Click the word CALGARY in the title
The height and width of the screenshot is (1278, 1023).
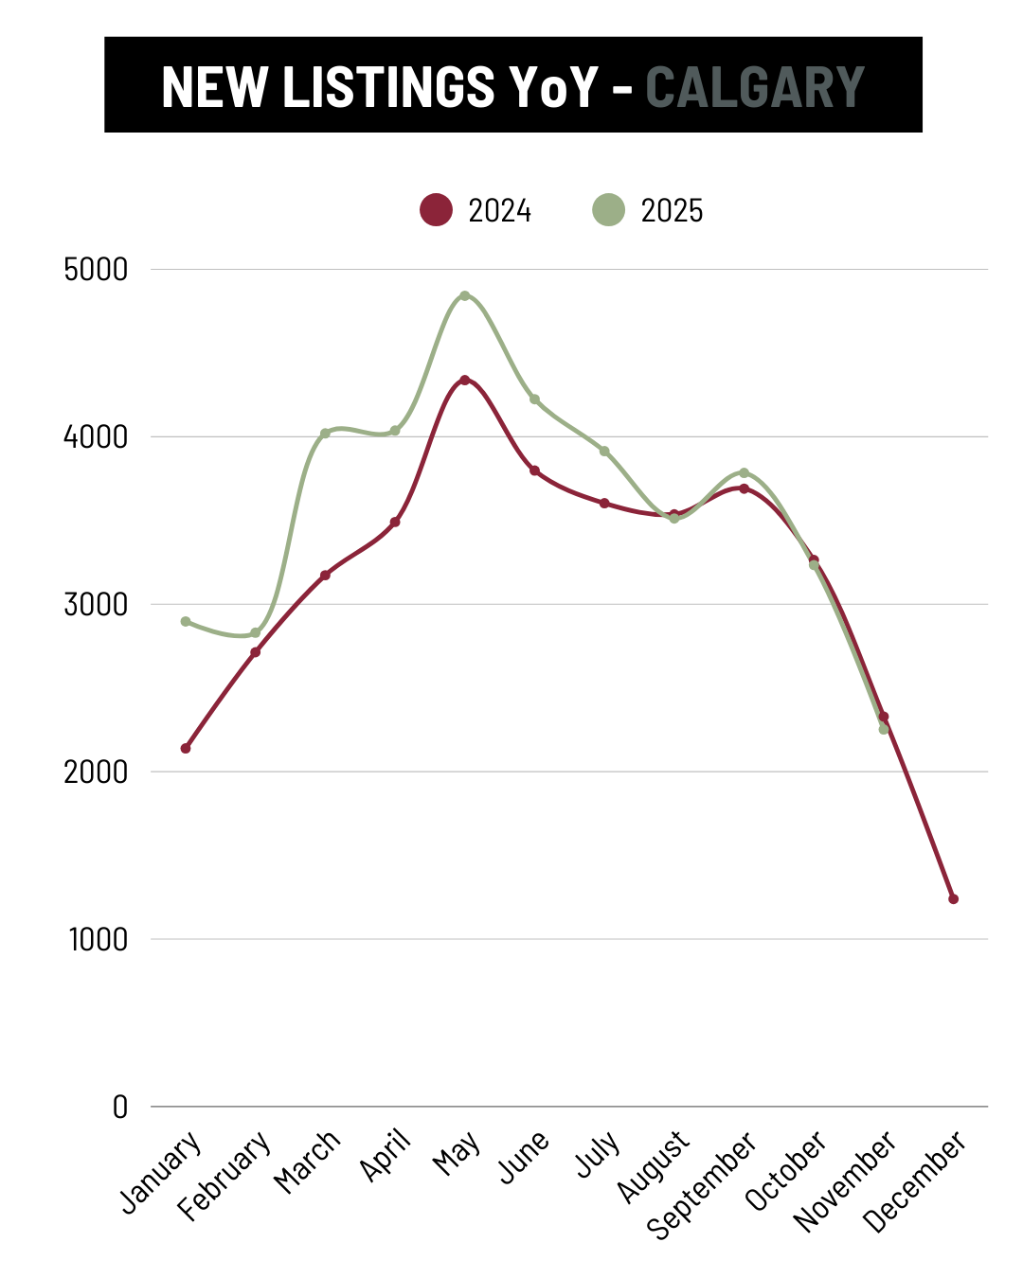tap(755, 87)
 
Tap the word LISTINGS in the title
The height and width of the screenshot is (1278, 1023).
tap(388, 87)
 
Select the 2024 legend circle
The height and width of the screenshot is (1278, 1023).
tap(436, 209)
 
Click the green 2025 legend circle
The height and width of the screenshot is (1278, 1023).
tap(608, 209)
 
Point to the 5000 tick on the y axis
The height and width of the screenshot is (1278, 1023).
tap(96, 270)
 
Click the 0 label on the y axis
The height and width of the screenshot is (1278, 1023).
tap(119, 1107)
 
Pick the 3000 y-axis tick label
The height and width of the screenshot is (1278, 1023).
tap(96, 605)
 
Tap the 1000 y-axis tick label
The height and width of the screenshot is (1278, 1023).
tap(98, 940)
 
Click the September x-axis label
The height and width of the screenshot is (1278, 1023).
tap(703, 1184)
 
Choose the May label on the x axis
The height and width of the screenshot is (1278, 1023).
tap(457, 1153)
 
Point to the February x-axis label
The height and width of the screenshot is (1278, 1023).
tap(225, 1175)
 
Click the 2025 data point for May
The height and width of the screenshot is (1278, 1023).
tap(464, 295)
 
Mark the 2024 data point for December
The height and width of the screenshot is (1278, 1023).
tap(953, 898)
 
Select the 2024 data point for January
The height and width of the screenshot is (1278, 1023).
tap(186, 748)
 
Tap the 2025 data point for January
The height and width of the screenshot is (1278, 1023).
tap(186, 621)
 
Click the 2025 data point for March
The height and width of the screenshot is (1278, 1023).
tap(325, 433)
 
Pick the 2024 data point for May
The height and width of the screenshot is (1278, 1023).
tap(464, 380)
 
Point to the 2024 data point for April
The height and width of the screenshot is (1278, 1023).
tap(395, 522)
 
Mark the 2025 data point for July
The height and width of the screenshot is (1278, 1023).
tap(604, 451)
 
